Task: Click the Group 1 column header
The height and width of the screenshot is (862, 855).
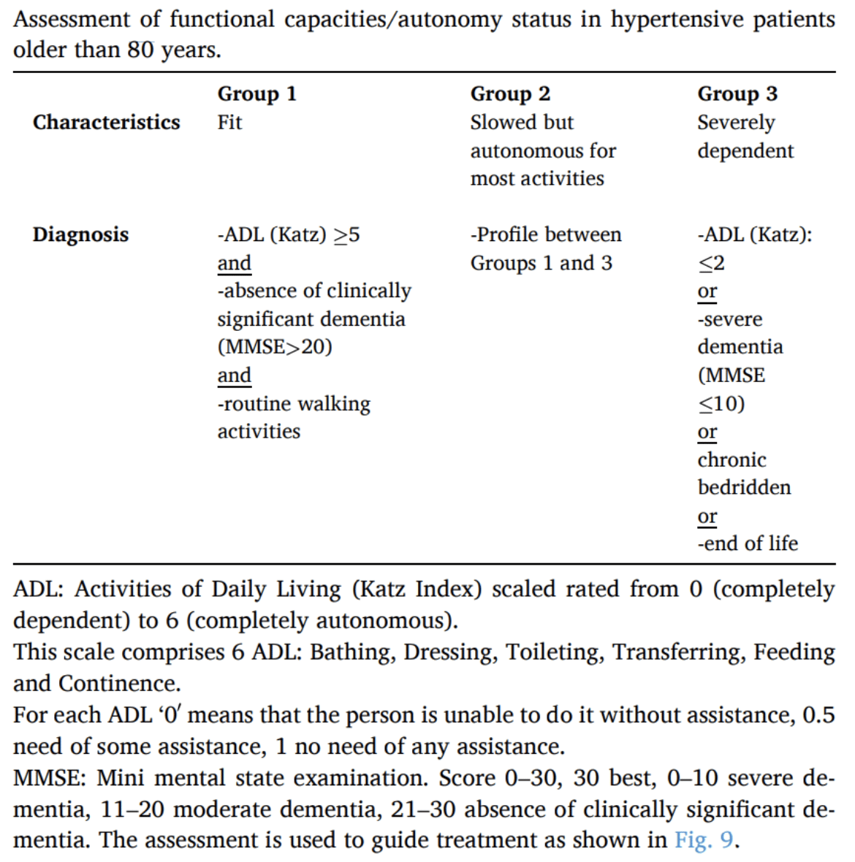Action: pos(256,94)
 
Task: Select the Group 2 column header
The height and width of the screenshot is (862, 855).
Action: pos(510,94)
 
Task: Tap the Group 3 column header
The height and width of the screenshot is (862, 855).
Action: pos(737,94)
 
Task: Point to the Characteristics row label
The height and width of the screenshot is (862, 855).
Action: pos(106,122)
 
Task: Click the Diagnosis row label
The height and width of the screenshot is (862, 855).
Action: pos(80,234)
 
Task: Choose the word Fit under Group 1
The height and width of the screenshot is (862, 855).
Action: pos(229,122)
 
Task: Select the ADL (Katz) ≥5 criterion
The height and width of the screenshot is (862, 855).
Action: pos(289,234)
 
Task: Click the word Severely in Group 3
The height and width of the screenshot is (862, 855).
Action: pos(736,122)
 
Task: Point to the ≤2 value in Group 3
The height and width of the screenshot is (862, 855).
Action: pos(711,263)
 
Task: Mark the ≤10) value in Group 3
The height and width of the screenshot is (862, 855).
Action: pos(721,403)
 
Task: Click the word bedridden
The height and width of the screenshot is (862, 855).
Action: pos(744,487)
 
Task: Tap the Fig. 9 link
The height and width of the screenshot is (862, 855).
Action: pos(704,840)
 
